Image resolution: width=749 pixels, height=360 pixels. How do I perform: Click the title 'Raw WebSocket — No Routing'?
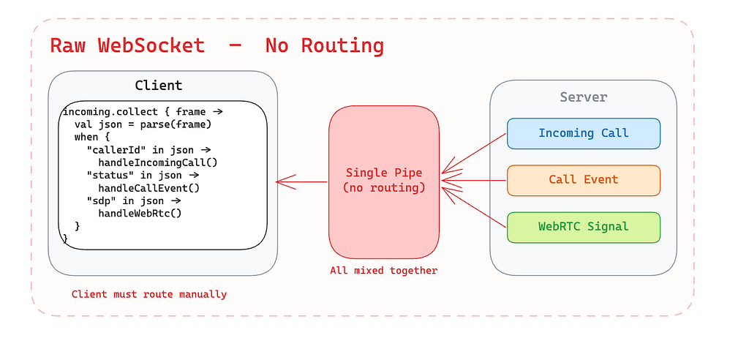[x=217, y=45]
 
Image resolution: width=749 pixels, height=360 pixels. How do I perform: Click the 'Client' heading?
[x=159, y=85]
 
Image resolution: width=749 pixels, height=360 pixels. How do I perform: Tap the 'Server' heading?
[x=583, y=97]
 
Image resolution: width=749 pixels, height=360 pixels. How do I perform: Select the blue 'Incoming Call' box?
[x=583, y=133]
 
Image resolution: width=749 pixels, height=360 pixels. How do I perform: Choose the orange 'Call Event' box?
[x=583, y=179]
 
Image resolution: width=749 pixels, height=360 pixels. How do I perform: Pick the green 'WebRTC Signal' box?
[x=583, y=226]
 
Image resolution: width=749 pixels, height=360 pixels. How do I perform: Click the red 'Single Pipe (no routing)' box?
[x=384, y=181]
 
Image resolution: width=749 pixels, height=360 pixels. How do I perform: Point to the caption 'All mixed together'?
[x=384, y=271]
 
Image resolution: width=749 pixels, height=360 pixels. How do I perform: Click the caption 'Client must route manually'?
[x=149, y=294]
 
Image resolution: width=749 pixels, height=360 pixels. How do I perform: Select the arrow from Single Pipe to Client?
[x=302, y=181]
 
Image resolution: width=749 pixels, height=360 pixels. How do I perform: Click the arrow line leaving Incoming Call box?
[x=475, y=154]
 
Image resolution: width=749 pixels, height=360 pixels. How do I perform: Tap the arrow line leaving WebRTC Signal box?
[x=475, y=206]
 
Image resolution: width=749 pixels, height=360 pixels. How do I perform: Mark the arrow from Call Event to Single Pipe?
[x=475, y=180]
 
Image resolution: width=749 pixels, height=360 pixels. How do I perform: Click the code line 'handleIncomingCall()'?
[x=158, y=162]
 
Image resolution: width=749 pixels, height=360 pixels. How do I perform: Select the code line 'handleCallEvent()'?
[x=149, y=188]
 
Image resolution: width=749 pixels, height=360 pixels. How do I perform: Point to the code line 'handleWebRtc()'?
[x=140, y=213]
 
